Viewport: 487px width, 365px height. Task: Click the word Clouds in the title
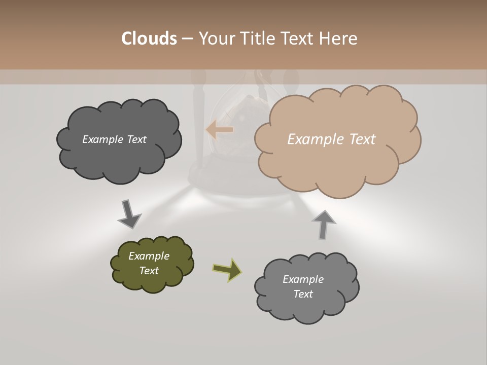pyautogui.click(x=149, y=39)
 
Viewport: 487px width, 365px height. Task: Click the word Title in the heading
pyautogui.click(x=258, y=39)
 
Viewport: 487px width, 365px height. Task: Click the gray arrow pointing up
pyautogui.click(x=323, y=224)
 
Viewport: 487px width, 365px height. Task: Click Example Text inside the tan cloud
pyautogui.click(x=331, y=139)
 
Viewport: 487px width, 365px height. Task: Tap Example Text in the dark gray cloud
pyautogui.click(x=114, y=139)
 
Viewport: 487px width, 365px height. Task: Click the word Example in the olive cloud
pyautogui.click(x=149, y=256)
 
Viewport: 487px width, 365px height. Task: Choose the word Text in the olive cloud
pyautogui.click(x=149, y=271)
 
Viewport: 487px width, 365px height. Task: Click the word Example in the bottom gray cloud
pyautogui.click(x=303, y=279)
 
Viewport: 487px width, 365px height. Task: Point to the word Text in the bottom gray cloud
pyautogui.click(x=303, y=294)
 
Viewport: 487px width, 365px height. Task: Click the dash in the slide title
pyautogui.click(x=187, y=39)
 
